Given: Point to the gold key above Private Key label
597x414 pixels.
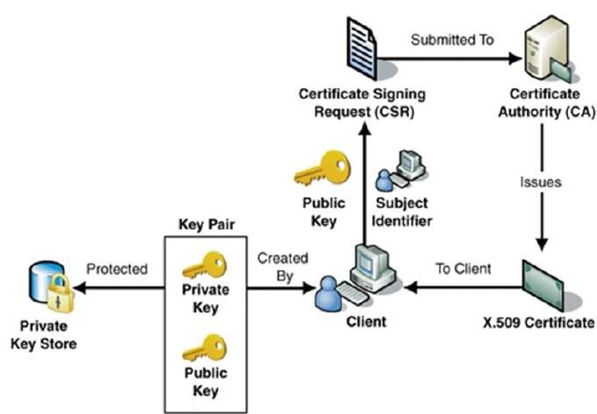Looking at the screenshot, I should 204,264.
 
